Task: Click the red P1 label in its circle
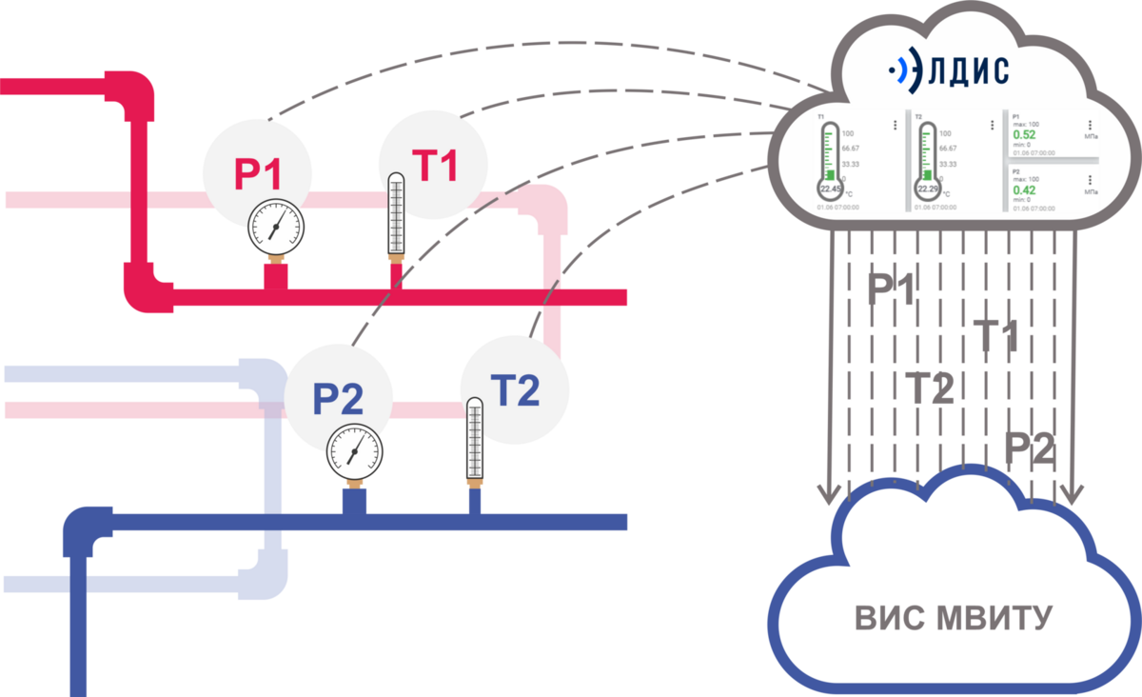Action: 257,174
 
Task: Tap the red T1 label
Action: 435,165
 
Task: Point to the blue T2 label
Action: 515,389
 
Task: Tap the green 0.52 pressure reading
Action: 1024,135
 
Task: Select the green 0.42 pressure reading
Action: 1024,189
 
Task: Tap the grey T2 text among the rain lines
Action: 929,388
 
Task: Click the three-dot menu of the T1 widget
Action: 895,125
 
